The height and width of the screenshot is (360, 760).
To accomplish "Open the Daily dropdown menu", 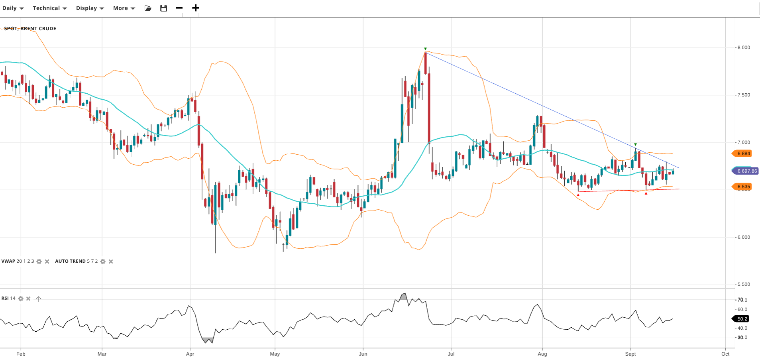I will click(13, 8).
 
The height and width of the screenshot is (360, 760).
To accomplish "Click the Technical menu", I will click(49, 8).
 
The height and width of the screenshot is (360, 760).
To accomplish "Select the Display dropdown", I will click(90, 8).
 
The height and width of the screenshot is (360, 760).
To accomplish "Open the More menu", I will click(124, 8).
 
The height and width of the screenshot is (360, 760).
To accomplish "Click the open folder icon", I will click(148, 8).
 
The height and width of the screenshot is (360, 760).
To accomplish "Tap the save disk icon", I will click(163, 8).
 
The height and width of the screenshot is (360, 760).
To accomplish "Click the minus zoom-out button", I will click(179, 8).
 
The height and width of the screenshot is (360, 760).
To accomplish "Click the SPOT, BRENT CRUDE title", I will click(30, 29).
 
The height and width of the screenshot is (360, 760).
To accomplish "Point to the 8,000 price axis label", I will click(744, 47).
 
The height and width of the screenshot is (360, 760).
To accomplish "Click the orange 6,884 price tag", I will click(743, 153).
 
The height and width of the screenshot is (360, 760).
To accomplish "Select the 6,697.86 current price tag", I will click(746, 171).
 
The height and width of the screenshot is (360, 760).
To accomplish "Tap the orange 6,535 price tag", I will click(743, 187).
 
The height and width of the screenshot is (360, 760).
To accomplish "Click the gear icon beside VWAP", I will click(39, 262).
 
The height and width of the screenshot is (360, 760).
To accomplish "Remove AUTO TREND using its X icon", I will click(111, 262).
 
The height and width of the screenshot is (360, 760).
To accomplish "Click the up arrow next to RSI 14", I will click(39, 299).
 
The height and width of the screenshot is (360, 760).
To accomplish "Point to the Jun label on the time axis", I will click(363, 354).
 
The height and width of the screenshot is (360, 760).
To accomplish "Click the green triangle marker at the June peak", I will click(425, 49).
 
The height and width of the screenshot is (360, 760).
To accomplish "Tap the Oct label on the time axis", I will click(725, 354).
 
